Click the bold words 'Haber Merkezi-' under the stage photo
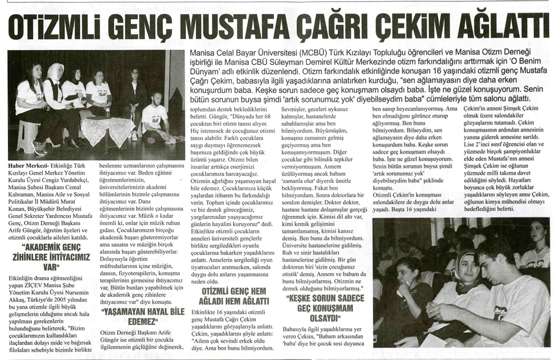pyautogui.click(x=28, y=166)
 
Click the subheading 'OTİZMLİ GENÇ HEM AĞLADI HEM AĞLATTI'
pyautogui.click(x=230, y=296)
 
